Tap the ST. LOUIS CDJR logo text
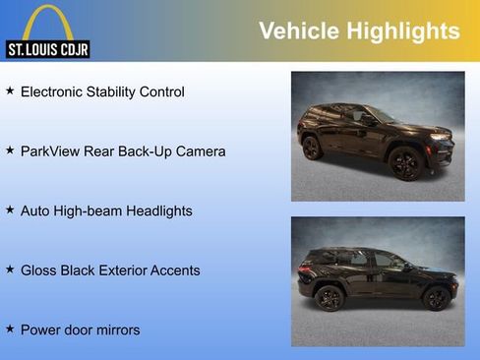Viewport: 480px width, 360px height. click(x=47, y=49)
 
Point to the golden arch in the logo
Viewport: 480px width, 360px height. click(x=46, y=22)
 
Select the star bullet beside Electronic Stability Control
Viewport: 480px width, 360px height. click(x=10, y=90)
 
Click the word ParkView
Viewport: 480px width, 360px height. click(x=51, y=151)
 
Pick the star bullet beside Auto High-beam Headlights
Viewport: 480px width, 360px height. click(x=10, y=210)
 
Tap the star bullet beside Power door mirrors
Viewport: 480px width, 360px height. click(x=10, y=329)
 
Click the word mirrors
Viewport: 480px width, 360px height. click(x=115, y=330)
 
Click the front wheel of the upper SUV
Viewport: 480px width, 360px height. click(x=404, y=163)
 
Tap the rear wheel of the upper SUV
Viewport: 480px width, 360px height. click(x=312, y=148)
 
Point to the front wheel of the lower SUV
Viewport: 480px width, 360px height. click(x=436, y=298)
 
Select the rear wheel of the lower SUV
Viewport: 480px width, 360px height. click(x=330, y=298)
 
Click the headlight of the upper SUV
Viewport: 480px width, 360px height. click(x=439, y=137)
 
